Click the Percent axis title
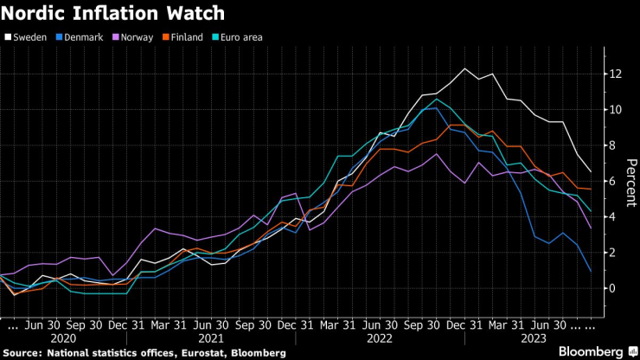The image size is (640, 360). click(630, 181)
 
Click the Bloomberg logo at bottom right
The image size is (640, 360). click(592, 352)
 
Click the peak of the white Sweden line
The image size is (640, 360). click(465, 68)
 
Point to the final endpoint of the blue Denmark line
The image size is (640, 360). click(591, 272)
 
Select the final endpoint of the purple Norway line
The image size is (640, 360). click(591, 228)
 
